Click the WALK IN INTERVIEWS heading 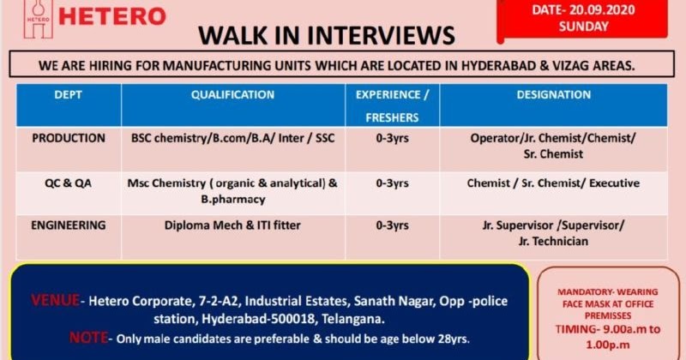point(327,35)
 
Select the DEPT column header point(68,95)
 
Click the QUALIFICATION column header point(232,95)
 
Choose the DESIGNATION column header point(553,95)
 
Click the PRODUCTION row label point(69,138)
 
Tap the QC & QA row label point(69,182)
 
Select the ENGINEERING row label point(69,225)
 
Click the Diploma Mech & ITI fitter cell point(232,226)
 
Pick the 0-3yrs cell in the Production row point(393,138)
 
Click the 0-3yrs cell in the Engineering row point(393,226)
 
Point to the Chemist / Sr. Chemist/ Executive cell point(553,183)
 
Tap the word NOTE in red point(87,338)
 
